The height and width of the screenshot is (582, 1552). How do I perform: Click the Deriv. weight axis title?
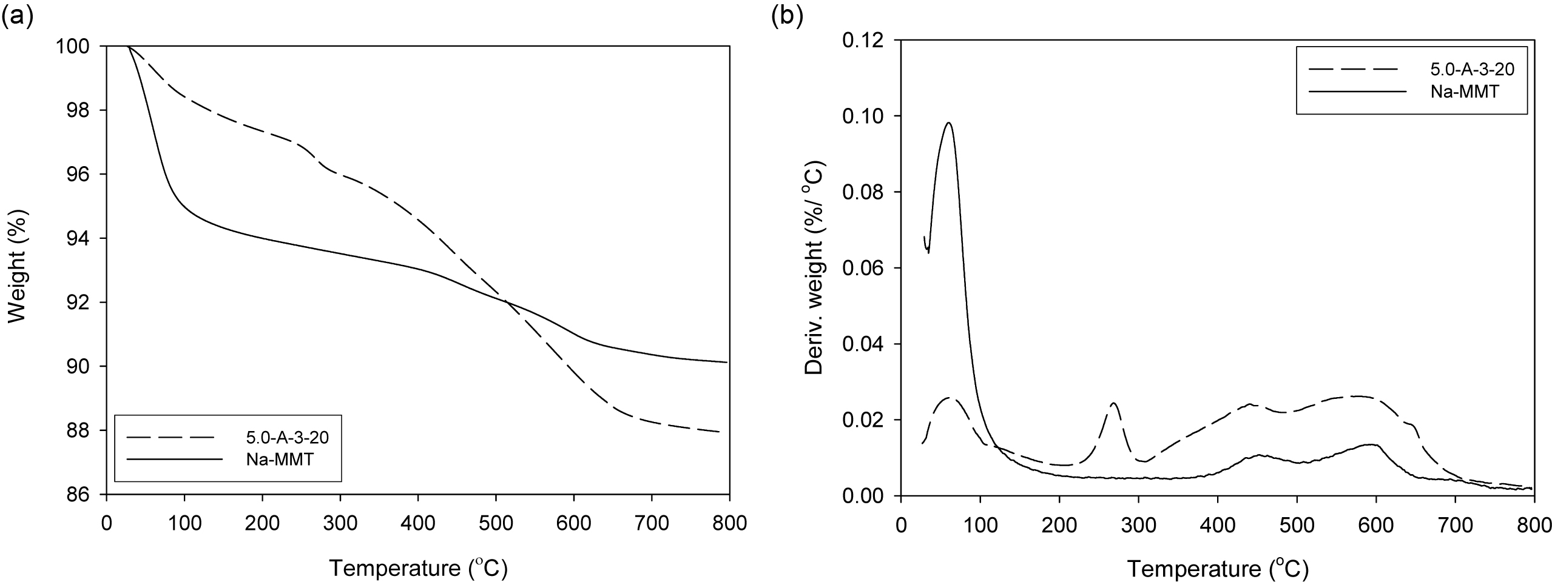pyautogui.click(x=814, y=267)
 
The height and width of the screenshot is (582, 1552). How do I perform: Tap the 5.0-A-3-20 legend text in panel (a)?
pyautogui.click(x=289, y=436)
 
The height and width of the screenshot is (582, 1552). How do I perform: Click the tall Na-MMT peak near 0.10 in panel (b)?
pyautogui.click(x=948, y=123)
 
